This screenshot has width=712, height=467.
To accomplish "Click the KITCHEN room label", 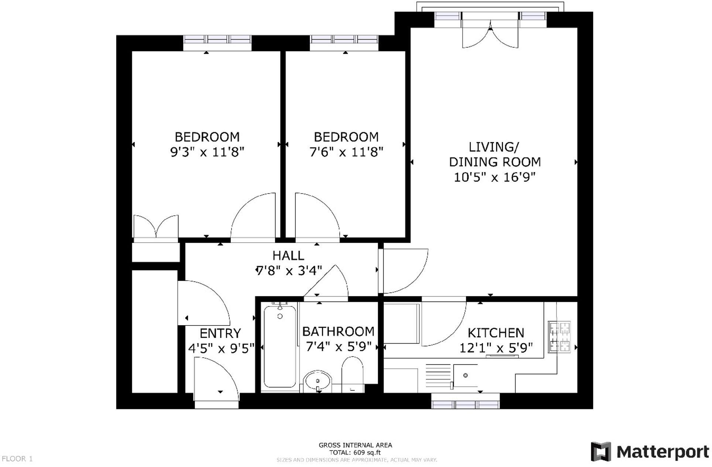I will pos(496,333).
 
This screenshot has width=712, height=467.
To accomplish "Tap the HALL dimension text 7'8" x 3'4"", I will pos(289,271).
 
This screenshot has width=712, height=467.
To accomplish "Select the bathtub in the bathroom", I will pos(280,346).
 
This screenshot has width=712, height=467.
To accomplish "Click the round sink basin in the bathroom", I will pos(318,381).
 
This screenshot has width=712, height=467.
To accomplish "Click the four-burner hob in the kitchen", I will pos(559,337).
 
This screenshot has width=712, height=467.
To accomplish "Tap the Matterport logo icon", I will pos(600,451).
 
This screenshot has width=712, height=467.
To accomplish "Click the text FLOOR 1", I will pos(17,459).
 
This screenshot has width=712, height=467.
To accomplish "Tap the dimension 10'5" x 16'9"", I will pos(494,177).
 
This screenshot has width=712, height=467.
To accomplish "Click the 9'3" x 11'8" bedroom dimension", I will pos(207,152).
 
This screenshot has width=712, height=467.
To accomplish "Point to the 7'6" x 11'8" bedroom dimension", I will pos(346,152).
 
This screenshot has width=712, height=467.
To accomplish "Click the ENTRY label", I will pos(220,333).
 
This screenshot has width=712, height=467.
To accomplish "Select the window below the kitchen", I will pos(465,403).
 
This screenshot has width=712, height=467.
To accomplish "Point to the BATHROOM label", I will pos(338,331).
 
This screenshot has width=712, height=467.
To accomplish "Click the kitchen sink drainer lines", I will pos(438,376).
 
